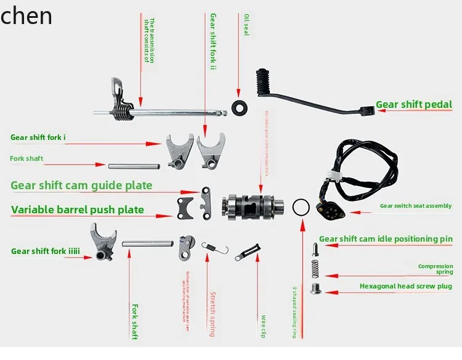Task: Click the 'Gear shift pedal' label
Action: click(414, 105)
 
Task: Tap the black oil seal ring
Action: click(239, 107)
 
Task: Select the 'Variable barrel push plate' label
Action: click(78, 210)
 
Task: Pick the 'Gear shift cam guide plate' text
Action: click(81, 185)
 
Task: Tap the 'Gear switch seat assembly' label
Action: click(415, 206)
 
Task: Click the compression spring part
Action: click(315, 269)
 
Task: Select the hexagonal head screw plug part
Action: click(316, 288)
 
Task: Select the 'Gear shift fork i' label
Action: click(36, 137)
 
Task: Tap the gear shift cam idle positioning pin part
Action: click(315, 249)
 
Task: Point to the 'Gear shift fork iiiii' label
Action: click(46, 252)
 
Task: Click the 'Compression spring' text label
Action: click(435, 269)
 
